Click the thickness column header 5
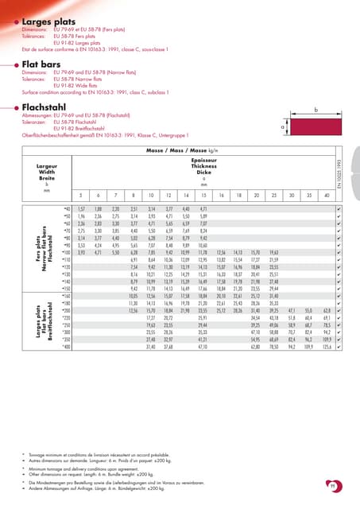(79, 195)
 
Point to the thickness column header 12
(168, 195)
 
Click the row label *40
(66, 208)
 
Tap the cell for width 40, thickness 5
(79, 208)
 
